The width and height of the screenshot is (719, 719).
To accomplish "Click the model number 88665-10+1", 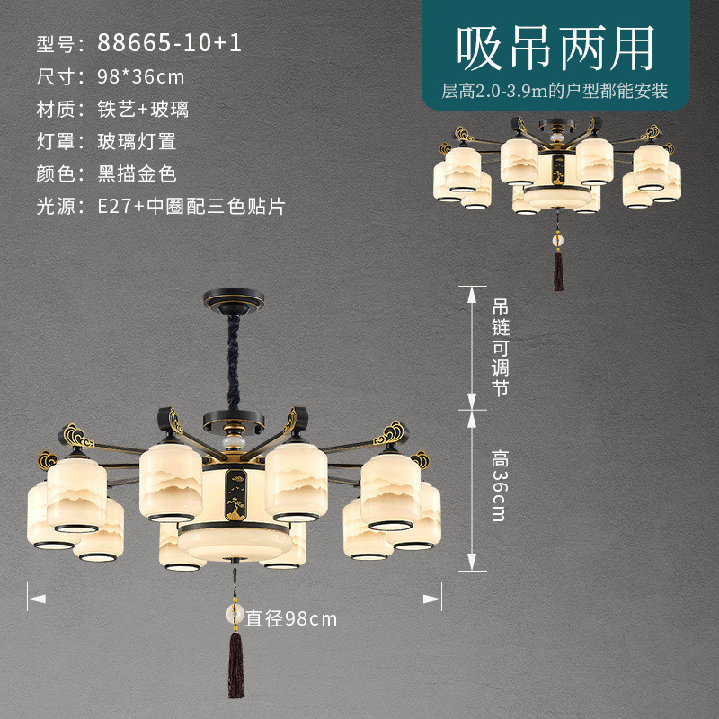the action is (169, 42).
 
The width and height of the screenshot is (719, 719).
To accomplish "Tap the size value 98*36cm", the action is (140, 76).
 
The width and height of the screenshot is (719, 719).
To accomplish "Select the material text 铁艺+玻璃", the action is (143, 109).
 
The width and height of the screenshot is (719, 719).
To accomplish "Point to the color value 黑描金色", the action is (137, 173).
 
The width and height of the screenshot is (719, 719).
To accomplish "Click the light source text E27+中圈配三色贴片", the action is (191, 207).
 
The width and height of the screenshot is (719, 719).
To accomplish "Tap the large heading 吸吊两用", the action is (555, 49).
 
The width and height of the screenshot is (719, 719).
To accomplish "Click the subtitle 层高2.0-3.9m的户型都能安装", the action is (555, 91).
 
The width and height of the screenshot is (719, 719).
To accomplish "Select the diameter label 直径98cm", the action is (291, 618).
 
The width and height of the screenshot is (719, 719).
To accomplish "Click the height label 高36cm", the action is (500, 485).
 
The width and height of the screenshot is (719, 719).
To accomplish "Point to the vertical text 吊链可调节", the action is (501, 347).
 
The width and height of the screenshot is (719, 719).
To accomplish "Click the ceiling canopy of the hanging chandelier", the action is (234, 300).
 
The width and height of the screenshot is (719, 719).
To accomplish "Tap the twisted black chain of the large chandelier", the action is (234, 362).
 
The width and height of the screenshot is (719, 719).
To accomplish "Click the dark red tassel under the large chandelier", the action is (236, 664).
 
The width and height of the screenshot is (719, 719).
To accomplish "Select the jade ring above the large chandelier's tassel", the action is (235, 615).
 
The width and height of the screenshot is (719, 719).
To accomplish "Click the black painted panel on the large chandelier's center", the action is (235, 495).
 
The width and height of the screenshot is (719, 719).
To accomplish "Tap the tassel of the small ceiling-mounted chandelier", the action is (558, 271).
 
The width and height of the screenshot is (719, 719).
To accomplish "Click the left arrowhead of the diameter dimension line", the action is (37, 599).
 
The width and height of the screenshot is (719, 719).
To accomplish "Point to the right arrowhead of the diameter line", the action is (432, 599).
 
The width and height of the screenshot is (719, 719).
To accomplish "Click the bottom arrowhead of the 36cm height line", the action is (472, 562).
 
